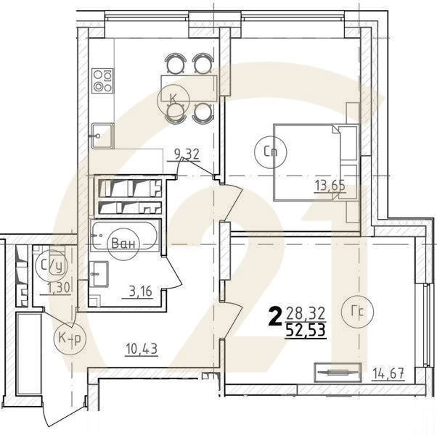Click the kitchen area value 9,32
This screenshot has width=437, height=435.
pos(187,154)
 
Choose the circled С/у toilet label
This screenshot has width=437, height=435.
pos(52,266)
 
